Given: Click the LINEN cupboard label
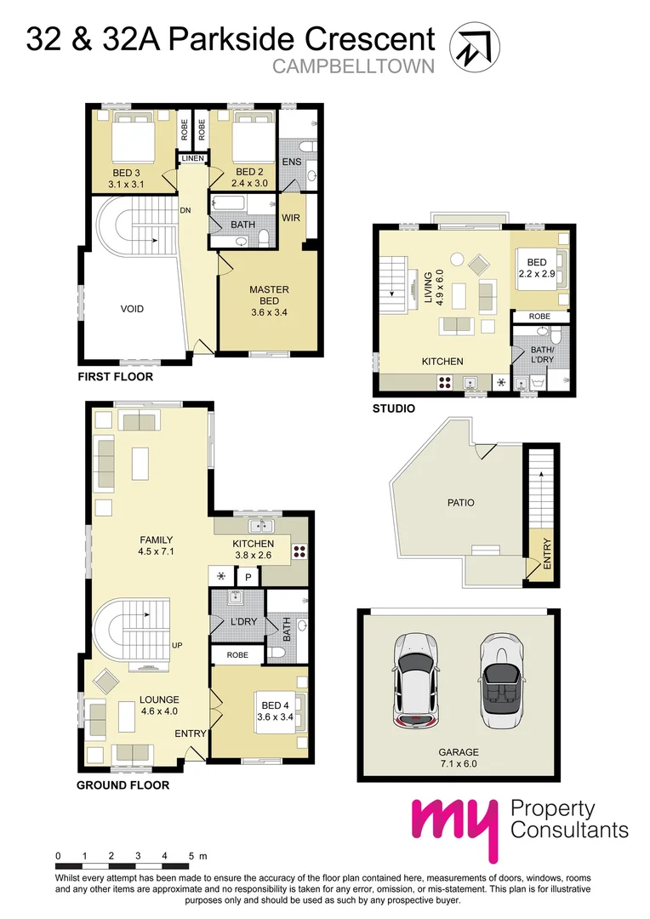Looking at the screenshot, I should [x=191, y=158].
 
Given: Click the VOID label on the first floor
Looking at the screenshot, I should [x=132, y=309].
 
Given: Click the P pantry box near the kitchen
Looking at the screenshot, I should [x=248, y=578].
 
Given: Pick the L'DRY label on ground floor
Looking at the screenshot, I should [x=244, y=622].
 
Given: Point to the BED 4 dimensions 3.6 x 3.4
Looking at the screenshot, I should [x=277, y=716].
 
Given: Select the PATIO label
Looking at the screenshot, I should [x=460, y=503].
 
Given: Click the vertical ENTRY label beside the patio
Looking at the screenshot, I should [x=546, y=553].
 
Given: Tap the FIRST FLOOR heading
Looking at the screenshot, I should [x=115, y=376].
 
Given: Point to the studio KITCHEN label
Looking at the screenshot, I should [x=442, y=362].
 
